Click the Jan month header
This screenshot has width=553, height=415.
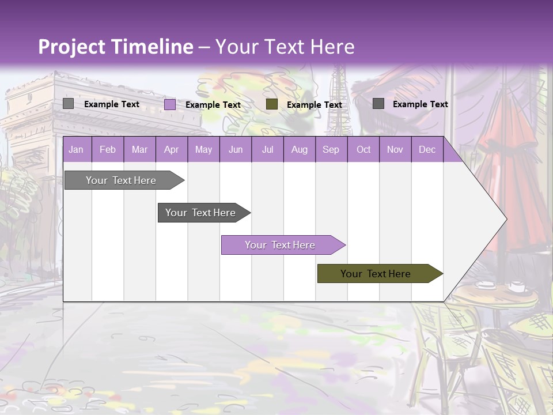(77, 149)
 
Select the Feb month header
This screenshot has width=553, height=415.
(108, 149)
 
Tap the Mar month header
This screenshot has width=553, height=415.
(139, 149)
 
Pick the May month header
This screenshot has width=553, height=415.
(203, 149)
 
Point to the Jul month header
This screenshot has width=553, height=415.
(267, 149)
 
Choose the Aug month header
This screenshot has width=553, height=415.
(300, 149)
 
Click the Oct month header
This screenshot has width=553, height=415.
(363, 149)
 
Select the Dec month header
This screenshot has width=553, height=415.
(427, 149)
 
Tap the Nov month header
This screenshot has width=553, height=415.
(395, 149)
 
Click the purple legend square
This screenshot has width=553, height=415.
(170, 104)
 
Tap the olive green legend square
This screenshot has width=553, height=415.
(272, 104)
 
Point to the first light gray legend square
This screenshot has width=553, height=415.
(69, 104)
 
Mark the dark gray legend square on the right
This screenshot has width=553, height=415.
(378, 104)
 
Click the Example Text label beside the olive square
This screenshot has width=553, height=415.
(315, 105)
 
